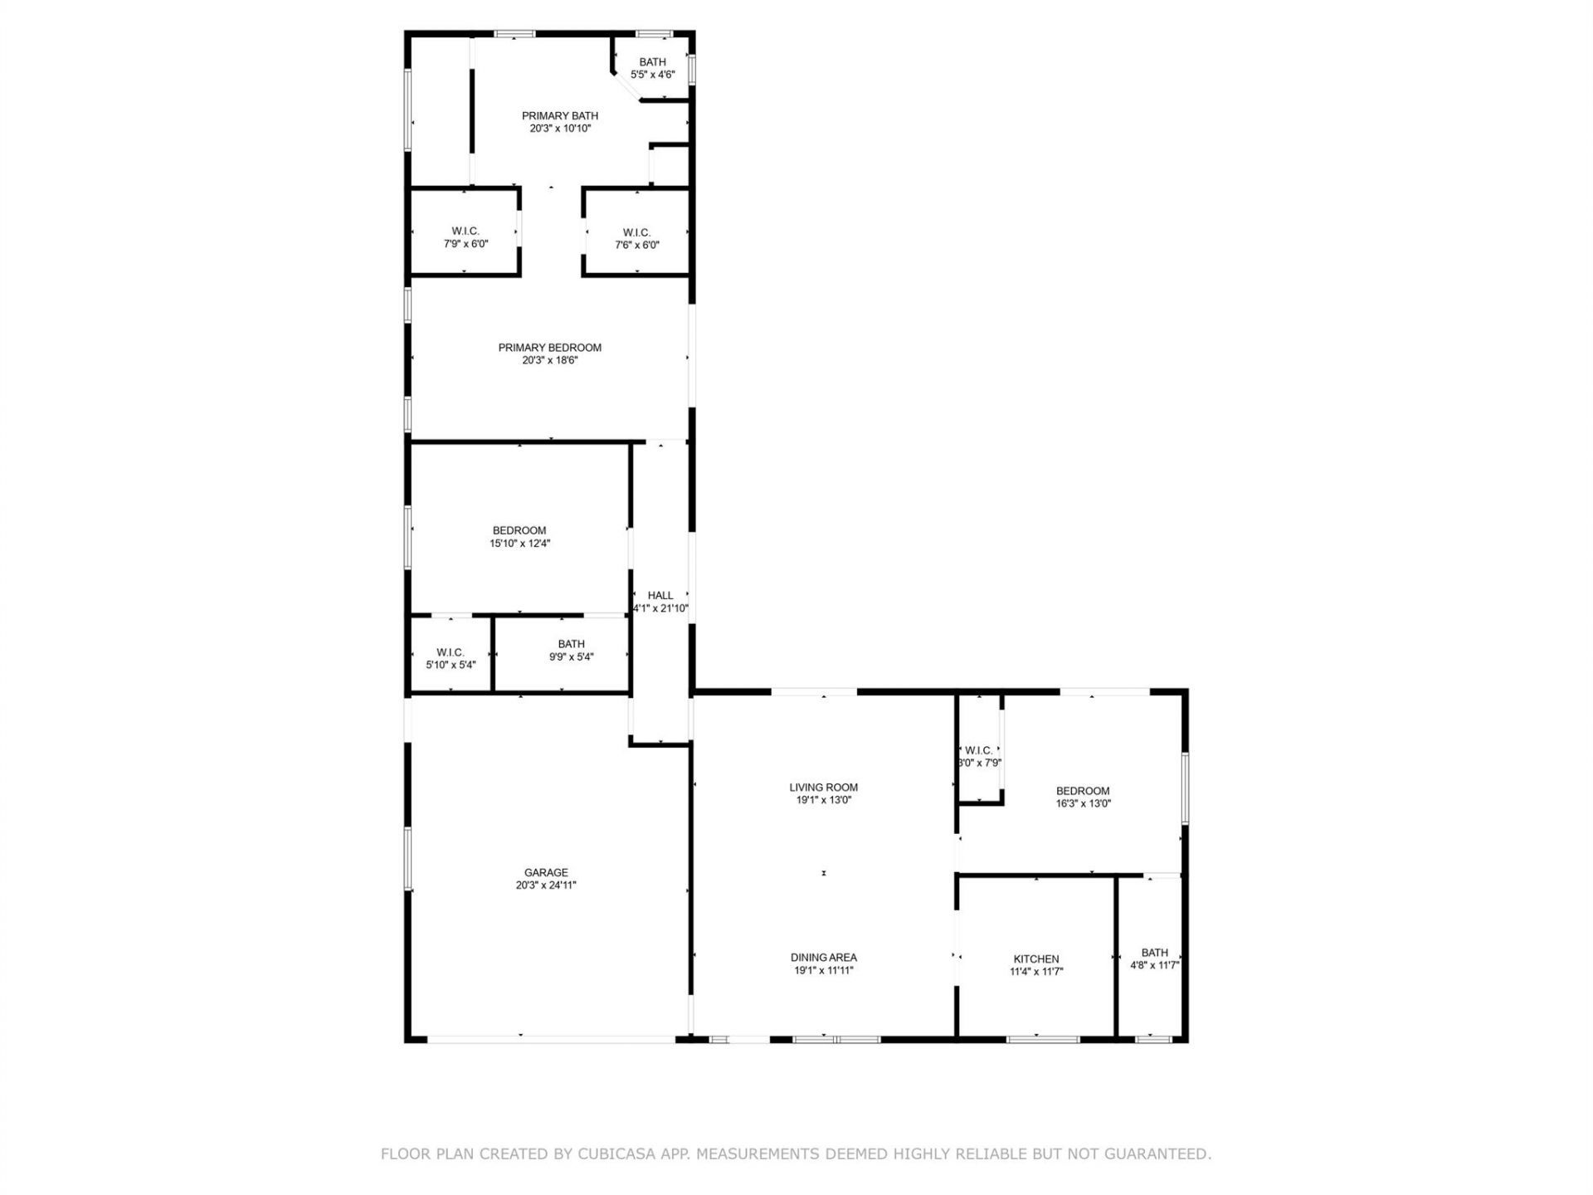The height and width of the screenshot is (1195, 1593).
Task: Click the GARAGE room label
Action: (x=546, y=872)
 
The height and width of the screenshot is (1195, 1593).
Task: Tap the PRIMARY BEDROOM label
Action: (x=549, y=348)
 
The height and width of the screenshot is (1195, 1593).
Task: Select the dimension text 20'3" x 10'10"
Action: (x=560, y=129)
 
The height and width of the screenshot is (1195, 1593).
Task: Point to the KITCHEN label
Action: (x=1036, y=958)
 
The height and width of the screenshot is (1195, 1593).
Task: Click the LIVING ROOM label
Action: (x=823, y=788)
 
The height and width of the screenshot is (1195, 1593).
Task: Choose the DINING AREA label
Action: (x=823, y=958)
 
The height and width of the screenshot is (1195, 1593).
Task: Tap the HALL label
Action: (x=660, y=595)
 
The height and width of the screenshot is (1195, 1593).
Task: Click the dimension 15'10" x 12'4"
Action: (x=519, y=544)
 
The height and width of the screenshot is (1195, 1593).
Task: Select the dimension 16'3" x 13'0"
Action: (x=1083, y=803)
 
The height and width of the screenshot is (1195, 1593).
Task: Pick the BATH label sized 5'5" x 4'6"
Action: (x=652, y=62)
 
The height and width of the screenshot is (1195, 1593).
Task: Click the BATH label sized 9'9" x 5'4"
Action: (x=571, y=644)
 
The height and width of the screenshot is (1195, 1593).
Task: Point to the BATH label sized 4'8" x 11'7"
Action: (x=1154, y=953)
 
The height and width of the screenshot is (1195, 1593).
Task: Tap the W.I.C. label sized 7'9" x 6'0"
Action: (x=465, y=232)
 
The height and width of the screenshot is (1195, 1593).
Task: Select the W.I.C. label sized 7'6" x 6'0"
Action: (x=636, y=232)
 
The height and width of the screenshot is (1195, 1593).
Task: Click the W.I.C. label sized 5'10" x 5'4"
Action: (x=451, y=652)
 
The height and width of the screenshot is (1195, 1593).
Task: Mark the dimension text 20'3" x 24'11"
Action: (x=546, y=885)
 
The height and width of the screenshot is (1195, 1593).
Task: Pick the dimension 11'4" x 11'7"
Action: (x=1036, y=972)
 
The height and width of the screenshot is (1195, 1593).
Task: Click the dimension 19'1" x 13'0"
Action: (x=823, y=801)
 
